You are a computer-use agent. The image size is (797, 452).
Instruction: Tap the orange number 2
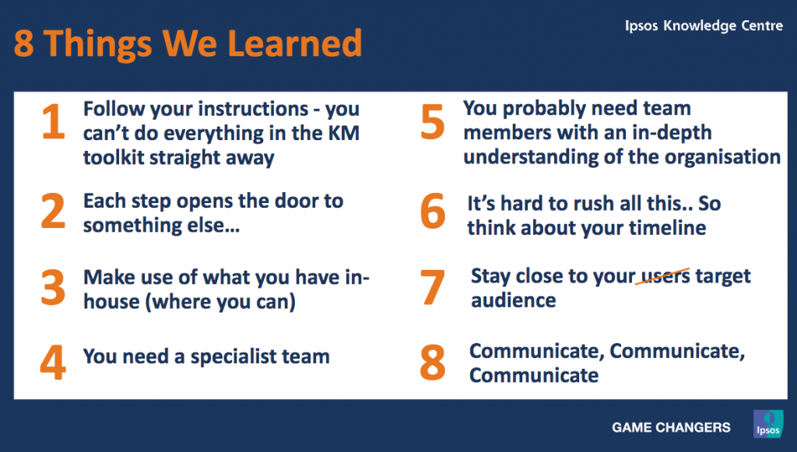pyautogui.click(x=53, y=211)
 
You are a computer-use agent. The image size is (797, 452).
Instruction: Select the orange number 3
pyautogui.click(x=53, y=287)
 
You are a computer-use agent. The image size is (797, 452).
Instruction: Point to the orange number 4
pyautogui.click(x=53, y=363)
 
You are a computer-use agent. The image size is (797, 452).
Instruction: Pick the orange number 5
pyautogui.click(x=433, y=122)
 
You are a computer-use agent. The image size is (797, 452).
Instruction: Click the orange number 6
pyautogui.click(x=433, y=212)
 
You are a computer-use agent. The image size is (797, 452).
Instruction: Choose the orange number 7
pyautogui.click(x=433, y=287)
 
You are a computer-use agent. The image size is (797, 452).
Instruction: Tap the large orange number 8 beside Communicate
pyautogui.click(x=433, y=363)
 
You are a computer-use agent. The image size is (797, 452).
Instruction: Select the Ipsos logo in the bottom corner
pyautogui.click(x=768, y=424)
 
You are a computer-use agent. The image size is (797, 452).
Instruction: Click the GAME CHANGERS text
pyautogui.click(x=671, y=428)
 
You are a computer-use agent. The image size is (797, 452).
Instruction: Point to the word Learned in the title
pyautogui.click(x=295, y=43)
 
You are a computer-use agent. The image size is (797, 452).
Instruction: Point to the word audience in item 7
pyautogui.click(x=514, y=300)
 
